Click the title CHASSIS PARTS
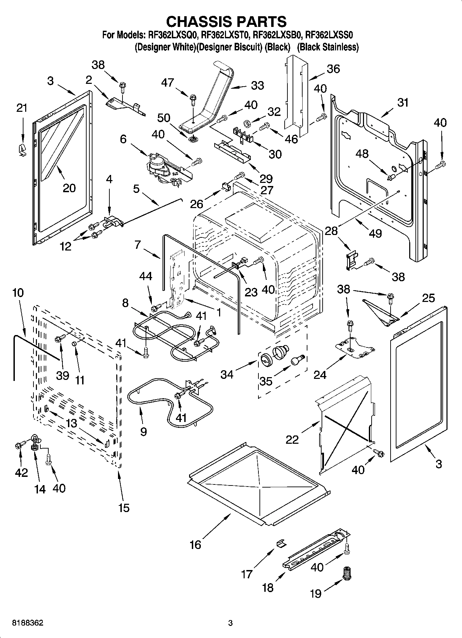point(226,21)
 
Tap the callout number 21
point(21,108)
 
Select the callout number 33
point(257,85)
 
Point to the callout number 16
point(195,544)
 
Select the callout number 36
point(333,69)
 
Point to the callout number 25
point(429,298)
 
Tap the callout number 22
point(292,440)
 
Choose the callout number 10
point(18,293)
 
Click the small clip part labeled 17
point(281,543)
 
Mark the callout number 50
point(164,118)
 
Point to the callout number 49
point(375,233)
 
